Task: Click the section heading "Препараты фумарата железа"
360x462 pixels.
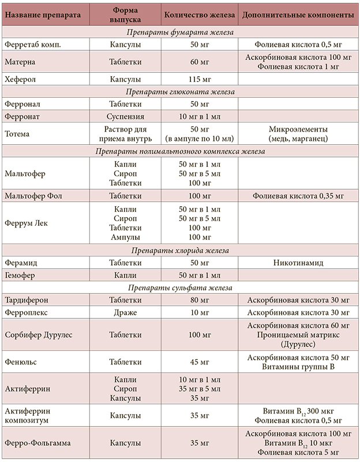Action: pyautogui.click(x=179, y=32)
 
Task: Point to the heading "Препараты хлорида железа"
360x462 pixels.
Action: pyautogui.click(x=179, y=251)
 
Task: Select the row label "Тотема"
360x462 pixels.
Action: pyautogui.click(x=19, y=133)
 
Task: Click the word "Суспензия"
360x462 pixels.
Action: pyautogui.click(x=125, y=117)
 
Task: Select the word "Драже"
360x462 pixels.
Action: pyautogui.click(x=125, y=312)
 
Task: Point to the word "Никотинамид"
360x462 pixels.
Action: pyautogui.click(x=298, y=263)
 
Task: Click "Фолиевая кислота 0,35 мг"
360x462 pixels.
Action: pyautogui.click(x=298, y=196)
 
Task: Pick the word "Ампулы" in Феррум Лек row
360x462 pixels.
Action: pyautogui.click(x=125, y=237)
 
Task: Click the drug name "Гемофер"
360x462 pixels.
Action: pyautogui.click(x=20, y=275)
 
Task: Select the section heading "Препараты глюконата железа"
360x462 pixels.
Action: pyautogui.click(x=179, y=92)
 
